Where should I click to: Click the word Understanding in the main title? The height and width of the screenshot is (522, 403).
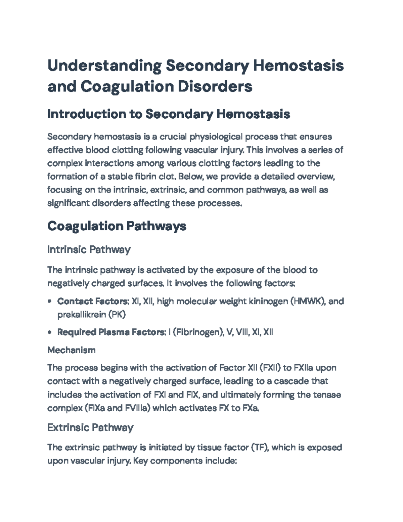tap(104, 66)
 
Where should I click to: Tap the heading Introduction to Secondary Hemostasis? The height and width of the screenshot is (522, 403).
tap(169, 114)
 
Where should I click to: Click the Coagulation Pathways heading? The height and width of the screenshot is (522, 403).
tap(117, 226)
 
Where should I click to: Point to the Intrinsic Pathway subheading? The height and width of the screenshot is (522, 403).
tap(89, 250)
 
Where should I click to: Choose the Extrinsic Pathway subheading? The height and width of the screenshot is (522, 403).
tap(90, 428)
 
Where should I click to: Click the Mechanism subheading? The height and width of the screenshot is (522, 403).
tap(71, 350)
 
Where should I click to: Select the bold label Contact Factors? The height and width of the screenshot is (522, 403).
tap(93, 301)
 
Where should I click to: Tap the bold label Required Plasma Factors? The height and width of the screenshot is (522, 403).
tap(111, 332)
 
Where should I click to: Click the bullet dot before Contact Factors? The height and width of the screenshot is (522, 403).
tap(50, 302)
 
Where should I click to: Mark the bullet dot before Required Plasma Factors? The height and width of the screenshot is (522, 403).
tap(50, 333)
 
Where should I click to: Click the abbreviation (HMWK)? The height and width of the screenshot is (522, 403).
tap(307, 301)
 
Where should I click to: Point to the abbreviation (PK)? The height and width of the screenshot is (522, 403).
tap(117, 315)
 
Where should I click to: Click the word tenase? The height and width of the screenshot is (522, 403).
tap(327, 395)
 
